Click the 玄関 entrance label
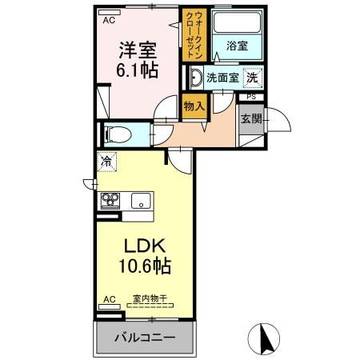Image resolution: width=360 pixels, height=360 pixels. (x=250, y=120)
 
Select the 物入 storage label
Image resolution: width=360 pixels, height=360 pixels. (x=194, y=105)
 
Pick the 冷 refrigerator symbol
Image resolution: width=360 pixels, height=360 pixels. (x=106, y=161)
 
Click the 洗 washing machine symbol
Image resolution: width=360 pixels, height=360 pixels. (x=252, y=78)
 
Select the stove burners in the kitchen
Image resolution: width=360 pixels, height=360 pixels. (x=110, y=200)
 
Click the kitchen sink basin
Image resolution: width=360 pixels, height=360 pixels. (x=140, y=201)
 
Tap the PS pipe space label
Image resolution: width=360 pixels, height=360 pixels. (x=251, y=97)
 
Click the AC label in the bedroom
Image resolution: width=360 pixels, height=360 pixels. (x=107, y=21)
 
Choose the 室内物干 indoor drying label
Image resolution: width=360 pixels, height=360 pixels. (x=148, y=300)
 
